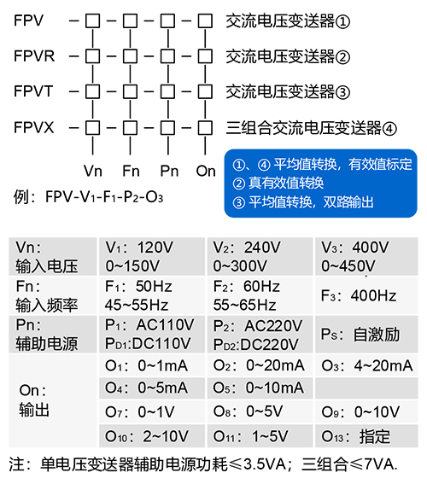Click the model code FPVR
pyautogui.click(x=35, y=57)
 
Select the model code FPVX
pyautogui.click(x=34, y=128)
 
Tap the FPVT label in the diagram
pyautogui.click(x=34, y=92)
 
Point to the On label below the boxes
pyautogui.click(x=206, y=171)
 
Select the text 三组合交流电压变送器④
pyautogui.click(x=311, y=128)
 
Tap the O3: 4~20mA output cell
pyautogui.click(x=366, y=365)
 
